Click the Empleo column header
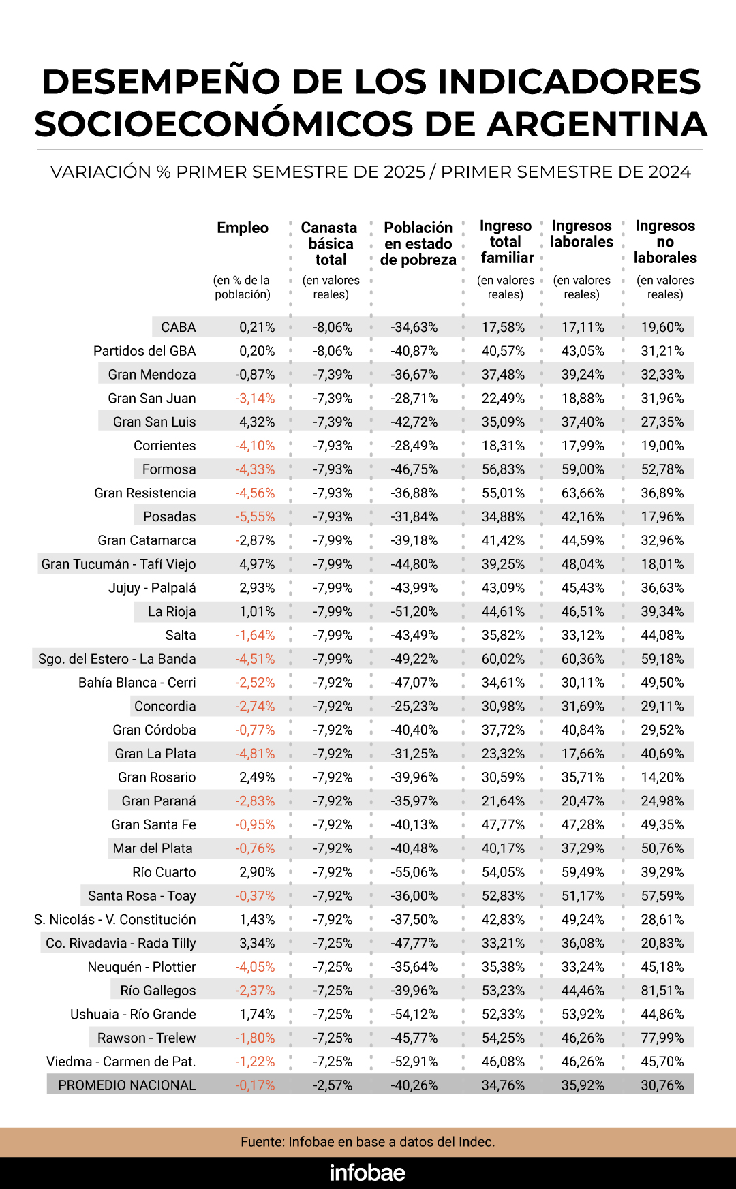243,228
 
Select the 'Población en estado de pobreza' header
418,243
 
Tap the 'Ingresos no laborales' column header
665,241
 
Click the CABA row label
179,327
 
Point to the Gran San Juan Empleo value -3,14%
255,398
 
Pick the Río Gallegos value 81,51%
662,990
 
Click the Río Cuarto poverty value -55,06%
414,872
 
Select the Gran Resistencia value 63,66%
583,493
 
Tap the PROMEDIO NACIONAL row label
127,1085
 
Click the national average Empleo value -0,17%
255,1085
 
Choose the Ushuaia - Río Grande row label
133,1014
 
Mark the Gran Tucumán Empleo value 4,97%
257,564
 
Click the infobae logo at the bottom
367,1173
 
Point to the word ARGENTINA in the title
596,124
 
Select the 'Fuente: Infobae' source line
367,1141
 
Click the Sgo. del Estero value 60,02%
503,659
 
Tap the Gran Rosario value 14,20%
662,777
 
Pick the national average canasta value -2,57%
333,1085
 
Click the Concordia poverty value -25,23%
414,706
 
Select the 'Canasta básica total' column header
330,243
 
